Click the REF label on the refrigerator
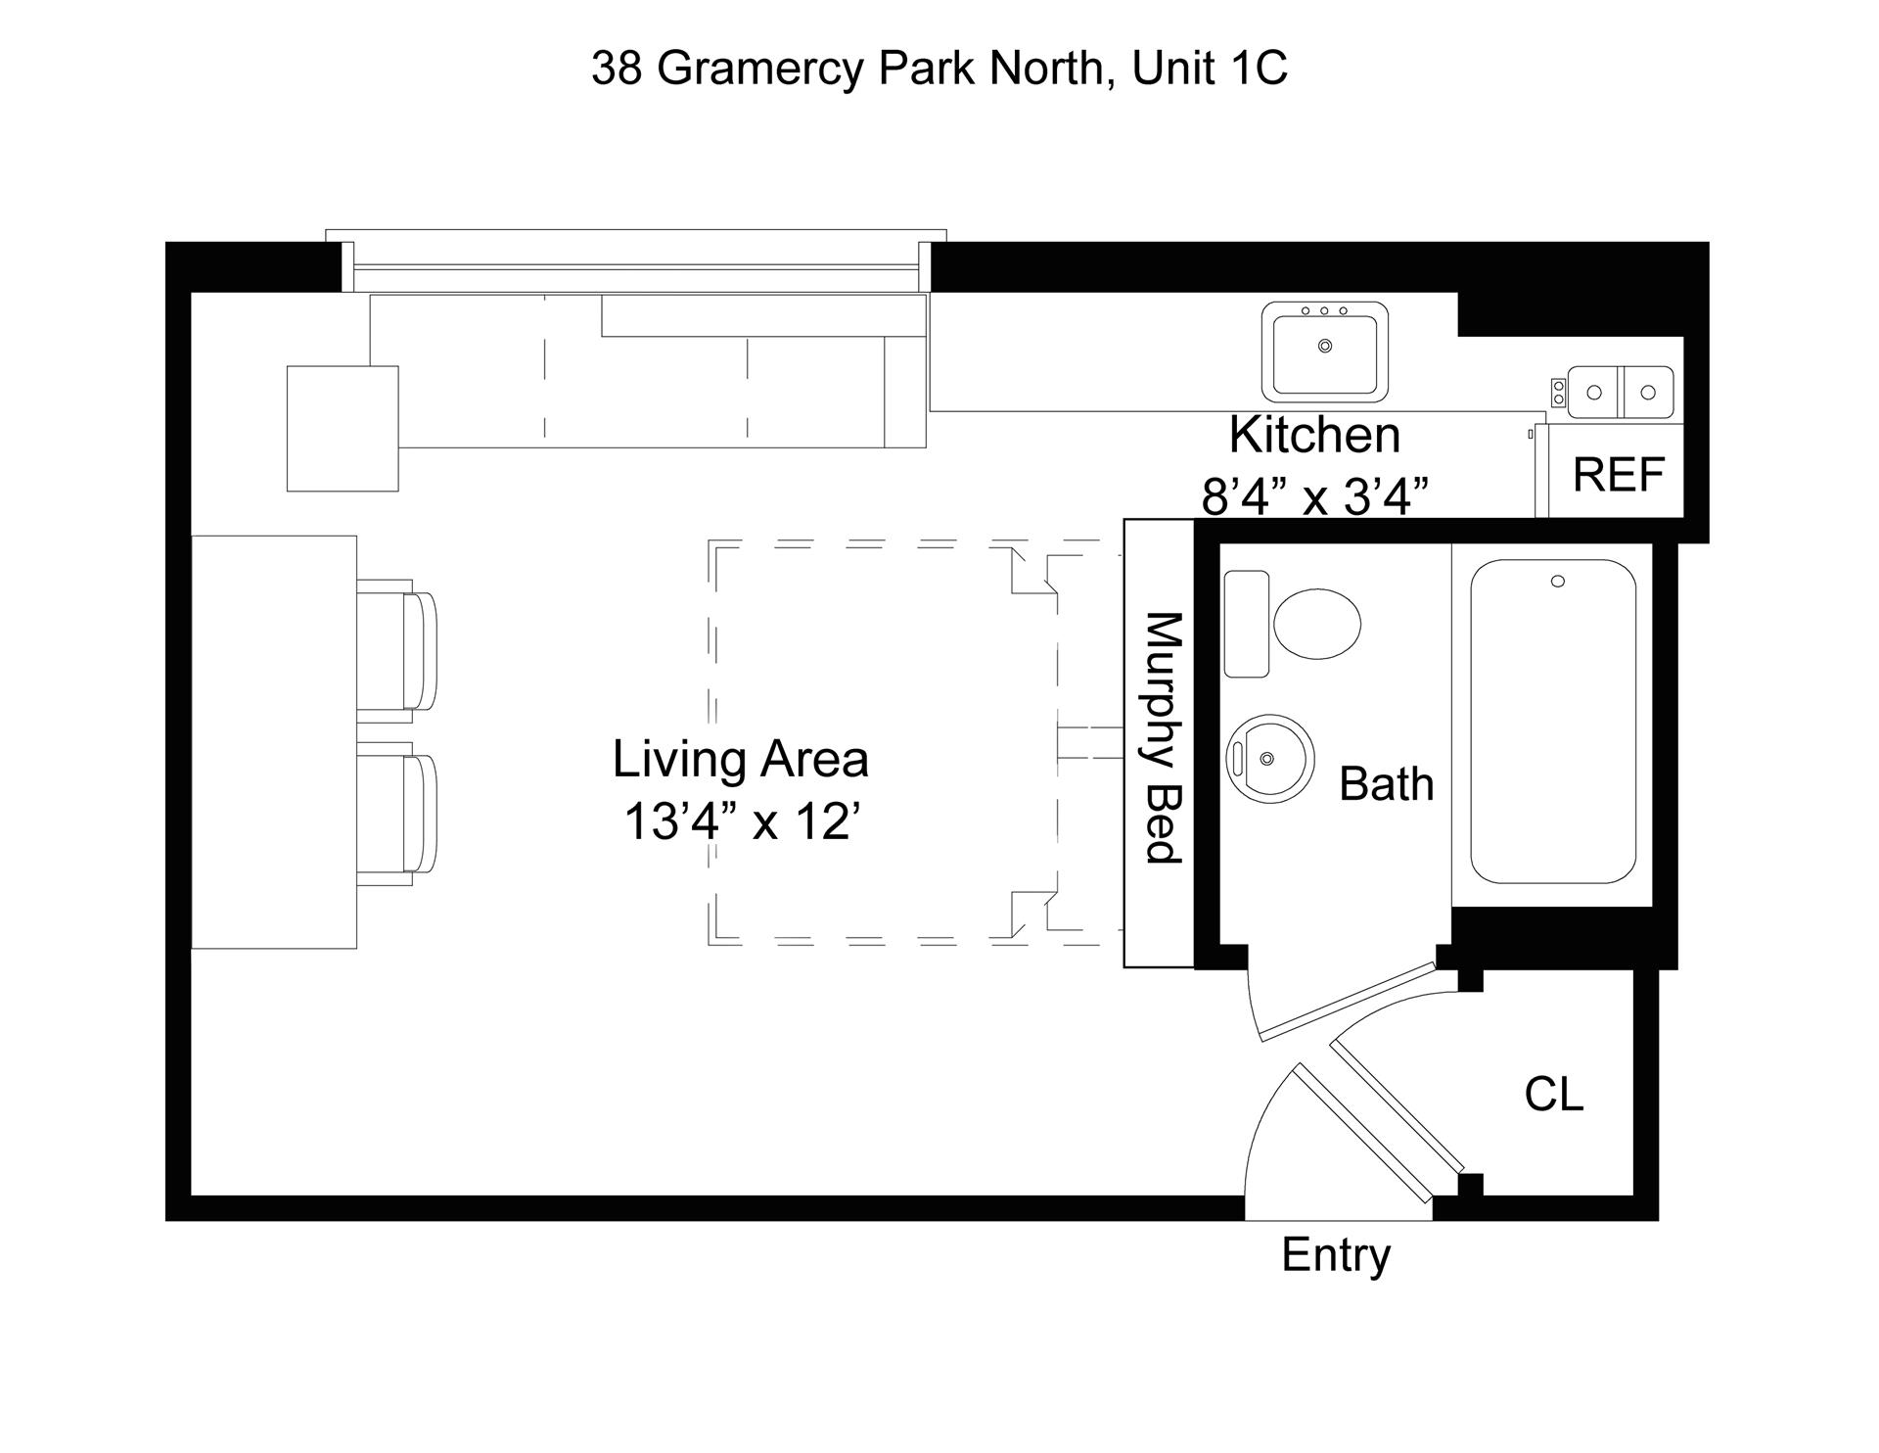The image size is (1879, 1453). (x=1618, y=475)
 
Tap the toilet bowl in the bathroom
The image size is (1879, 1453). (x=1317, y=624)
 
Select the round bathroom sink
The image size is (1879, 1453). (x=1269, y=759)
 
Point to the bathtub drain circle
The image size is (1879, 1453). (x=1558, y=582)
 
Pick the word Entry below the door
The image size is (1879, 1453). (x=1336, y=1255)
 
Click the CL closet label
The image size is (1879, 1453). (x=1553, y=1094)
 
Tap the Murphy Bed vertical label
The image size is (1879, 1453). (x=1163, y=738)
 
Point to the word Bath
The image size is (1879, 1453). (x=1386, y=784)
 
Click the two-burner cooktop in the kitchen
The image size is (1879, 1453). (x=1620, y=392)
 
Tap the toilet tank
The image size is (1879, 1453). (x=1246, y=624)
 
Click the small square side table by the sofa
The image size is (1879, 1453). (x=343, y=428)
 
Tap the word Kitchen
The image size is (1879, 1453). (x=1314, y=435)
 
